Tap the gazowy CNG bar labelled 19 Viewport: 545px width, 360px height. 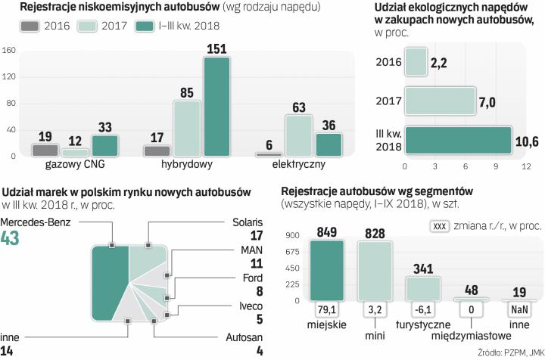tap(45, 150)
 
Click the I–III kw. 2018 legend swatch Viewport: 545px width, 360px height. tap(146, 26)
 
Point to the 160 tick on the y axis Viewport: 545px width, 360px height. tap(10, 51)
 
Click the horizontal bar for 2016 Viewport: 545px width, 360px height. tap(415, 62)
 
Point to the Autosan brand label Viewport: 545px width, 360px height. tap(244, 339)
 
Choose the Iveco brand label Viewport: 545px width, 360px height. tap(250, 307)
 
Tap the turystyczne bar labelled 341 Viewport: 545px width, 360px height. tap(422, 288)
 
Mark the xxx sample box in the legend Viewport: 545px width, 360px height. tap(441, 226)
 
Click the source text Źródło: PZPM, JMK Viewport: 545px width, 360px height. tap(511, 353)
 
